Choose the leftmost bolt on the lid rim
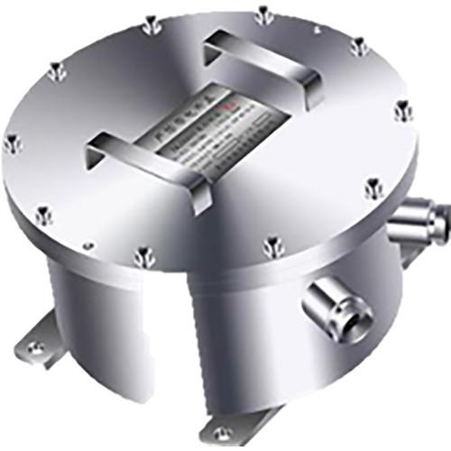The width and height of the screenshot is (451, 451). [11, 142]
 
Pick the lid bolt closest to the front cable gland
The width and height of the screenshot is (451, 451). [272, 244]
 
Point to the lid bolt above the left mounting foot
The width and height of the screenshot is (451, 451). [42, 214]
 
